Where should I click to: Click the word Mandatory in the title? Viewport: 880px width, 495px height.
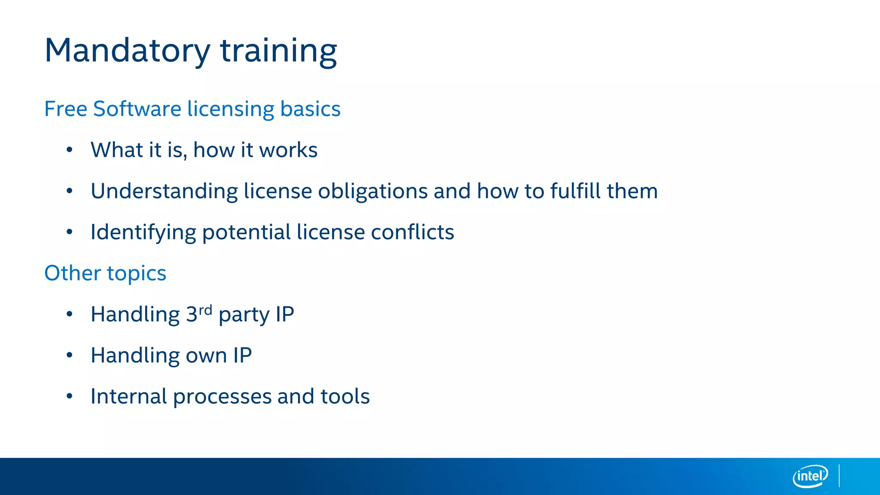[x=127, y=51]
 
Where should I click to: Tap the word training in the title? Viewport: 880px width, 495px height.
[x=278, y=51]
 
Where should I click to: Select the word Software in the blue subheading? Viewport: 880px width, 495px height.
[x=137, y=109]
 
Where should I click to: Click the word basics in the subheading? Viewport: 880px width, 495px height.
[x=310, y=109]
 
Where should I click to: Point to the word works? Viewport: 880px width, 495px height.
[x=288, y=150]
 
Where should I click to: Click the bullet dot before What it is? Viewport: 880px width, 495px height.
[x=70, y=150]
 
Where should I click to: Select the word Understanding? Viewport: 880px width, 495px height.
[x=164, y=191]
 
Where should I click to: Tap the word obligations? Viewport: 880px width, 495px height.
[x=373, y=191]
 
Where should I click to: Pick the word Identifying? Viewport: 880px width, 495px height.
[x=143, y=232]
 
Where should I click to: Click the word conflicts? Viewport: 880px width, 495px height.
[x=412, y=232]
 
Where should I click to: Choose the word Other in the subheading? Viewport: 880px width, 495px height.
[x=73, y=273]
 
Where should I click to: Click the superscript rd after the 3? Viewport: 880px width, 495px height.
[x=205, y=310]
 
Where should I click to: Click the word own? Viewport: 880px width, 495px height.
[x=206, y=356]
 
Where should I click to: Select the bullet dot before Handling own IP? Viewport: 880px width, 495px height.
[x=70, y=355]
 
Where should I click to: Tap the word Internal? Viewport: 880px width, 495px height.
[x=128, y=396]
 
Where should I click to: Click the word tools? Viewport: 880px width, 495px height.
[x=345, y=396]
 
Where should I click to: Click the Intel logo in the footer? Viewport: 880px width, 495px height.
[x=810, y=476]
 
